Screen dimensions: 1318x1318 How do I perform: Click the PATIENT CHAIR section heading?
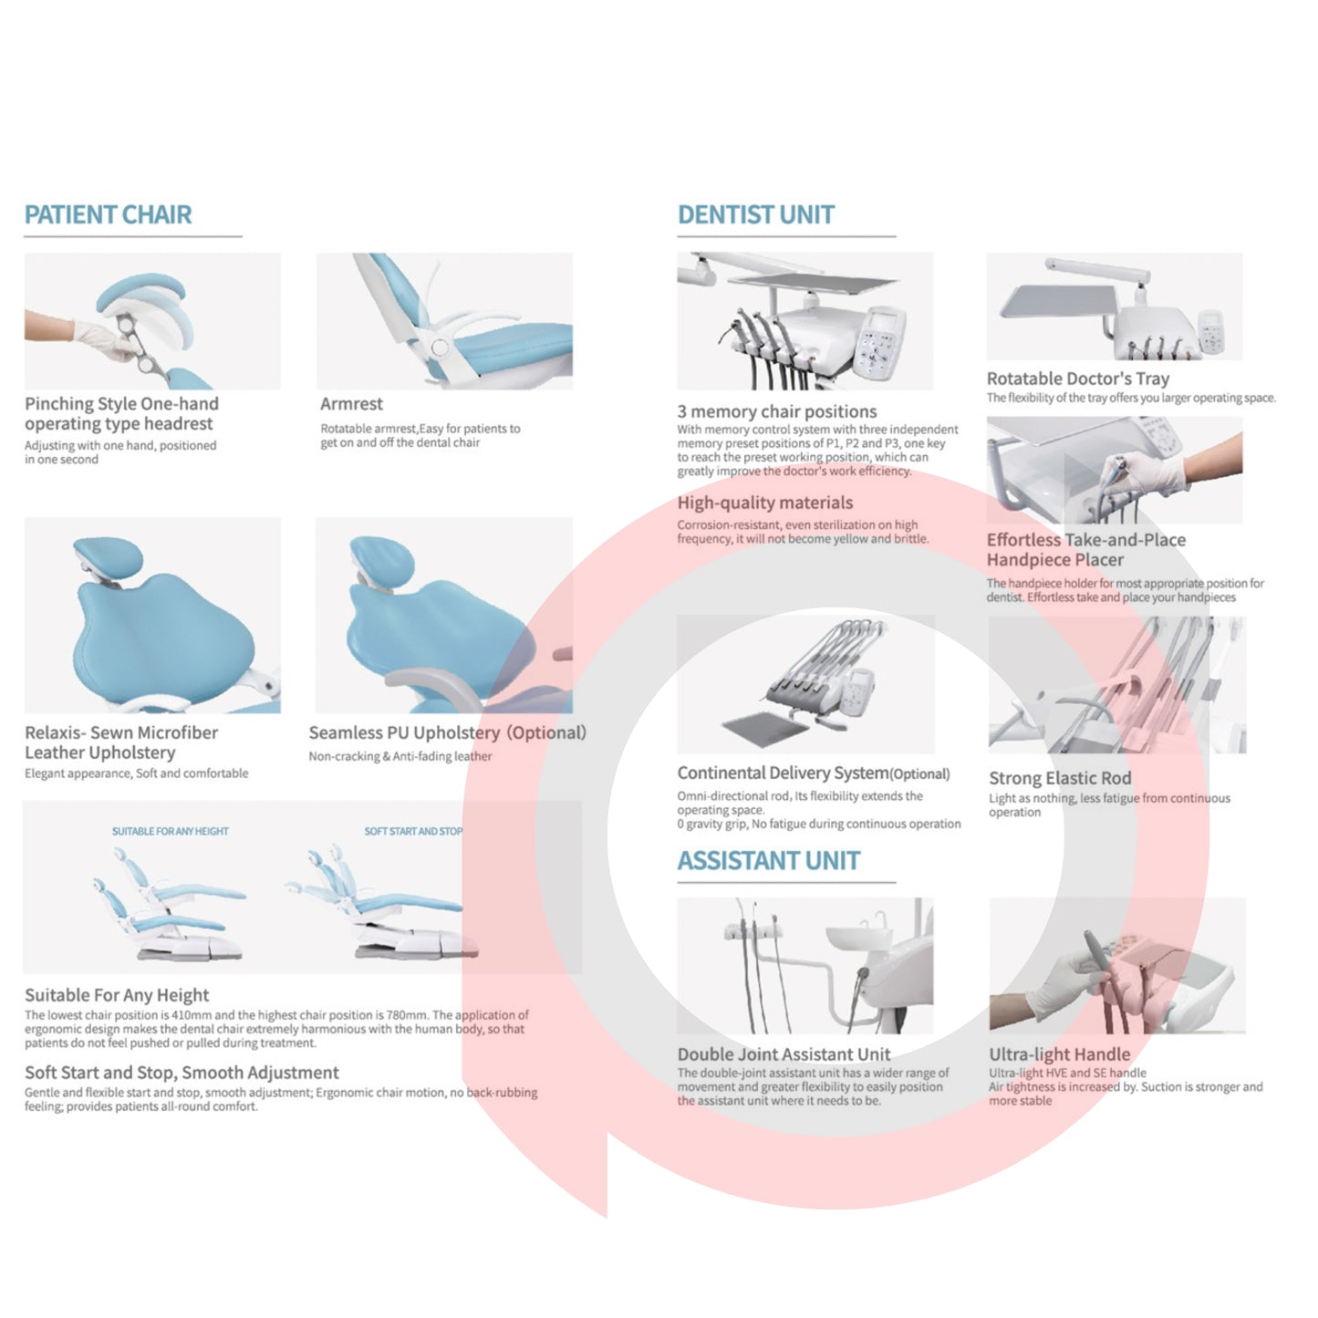point(108,214)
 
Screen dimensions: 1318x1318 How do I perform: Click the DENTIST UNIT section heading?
point(756,214)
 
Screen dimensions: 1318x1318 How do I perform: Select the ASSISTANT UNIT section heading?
point(768,860)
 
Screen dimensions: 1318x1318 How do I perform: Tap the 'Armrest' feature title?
point(351,403)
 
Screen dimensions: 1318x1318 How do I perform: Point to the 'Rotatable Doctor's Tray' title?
point(1078,379)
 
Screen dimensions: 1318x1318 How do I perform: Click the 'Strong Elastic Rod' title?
point(1060,778)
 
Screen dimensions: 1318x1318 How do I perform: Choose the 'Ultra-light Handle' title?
point(1060,1054)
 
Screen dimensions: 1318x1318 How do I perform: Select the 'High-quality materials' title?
point(764,503)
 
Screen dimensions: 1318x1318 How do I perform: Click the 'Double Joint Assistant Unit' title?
point(784,1054)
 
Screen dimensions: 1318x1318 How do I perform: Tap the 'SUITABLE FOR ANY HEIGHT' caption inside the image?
point(171,831)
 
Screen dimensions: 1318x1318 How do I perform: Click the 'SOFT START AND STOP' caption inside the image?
point(413,831)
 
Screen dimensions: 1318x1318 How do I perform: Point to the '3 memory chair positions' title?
point(777,411)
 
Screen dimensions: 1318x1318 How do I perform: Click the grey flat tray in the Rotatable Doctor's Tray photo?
point(1058,301)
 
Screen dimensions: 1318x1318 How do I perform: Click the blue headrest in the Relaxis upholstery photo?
point(108,556)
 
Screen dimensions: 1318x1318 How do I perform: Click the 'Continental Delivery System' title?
point(783,773)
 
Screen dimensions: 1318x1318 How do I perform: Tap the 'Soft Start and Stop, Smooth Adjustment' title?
point(182,1073)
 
